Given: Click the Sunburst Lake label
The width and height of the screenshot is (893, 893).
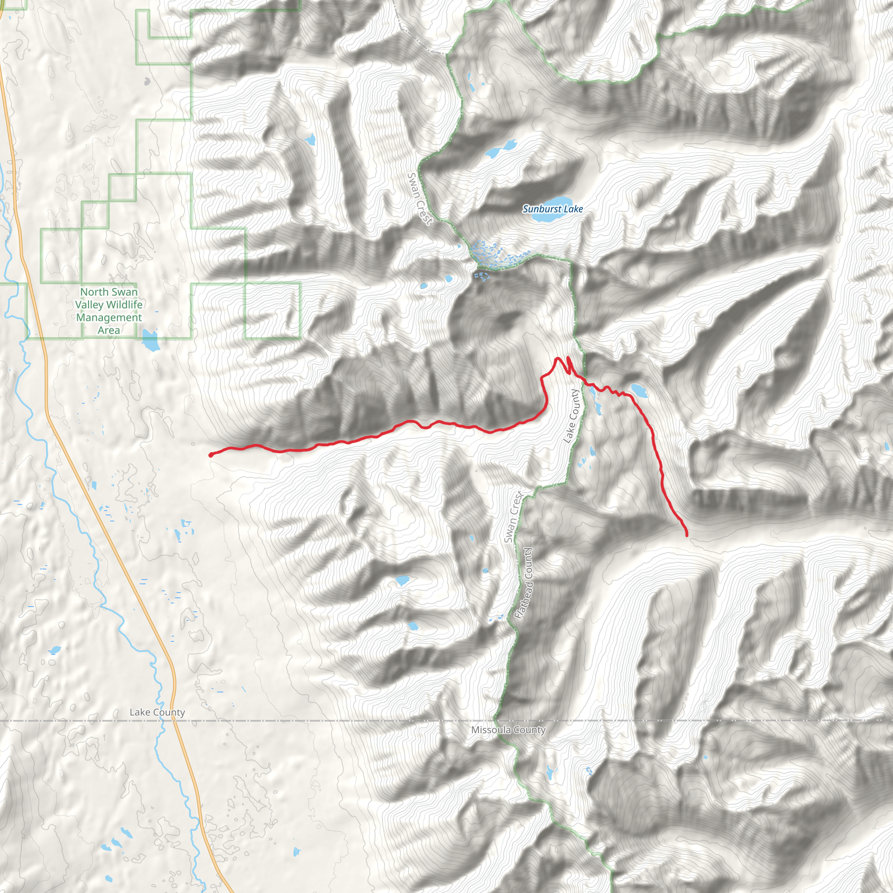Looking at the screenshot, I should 552,209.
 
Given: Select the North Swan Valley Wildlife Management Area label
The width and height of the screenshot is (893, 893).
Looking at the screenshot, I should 109,311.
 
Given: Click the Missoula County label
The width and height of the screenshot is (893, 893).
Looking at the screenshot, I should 508,730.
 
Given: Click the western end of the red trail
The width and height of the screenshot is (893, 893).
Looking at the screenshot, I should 211,455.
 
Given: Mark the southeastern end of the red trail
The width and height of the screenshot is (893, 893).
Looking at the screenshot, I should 686,535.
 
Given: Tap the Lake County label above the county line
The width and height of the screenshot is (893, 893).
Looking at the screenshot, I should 157,712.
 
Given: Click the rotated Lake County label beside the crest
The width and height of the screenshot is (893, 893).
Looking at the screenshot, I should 571,416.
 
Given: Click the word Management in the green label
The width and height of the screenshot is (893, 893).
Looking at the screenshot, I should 109,317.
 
